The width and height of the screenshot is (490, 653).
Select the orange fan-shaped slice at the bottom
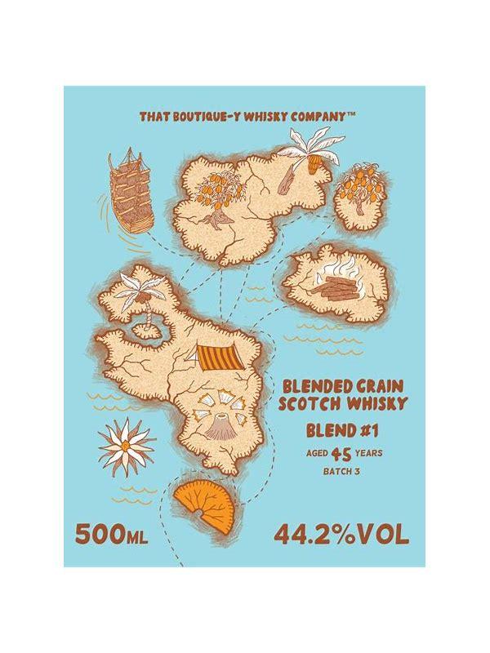(201, 504)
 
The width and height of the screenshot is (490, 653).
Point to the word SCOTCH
(310, 405)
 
